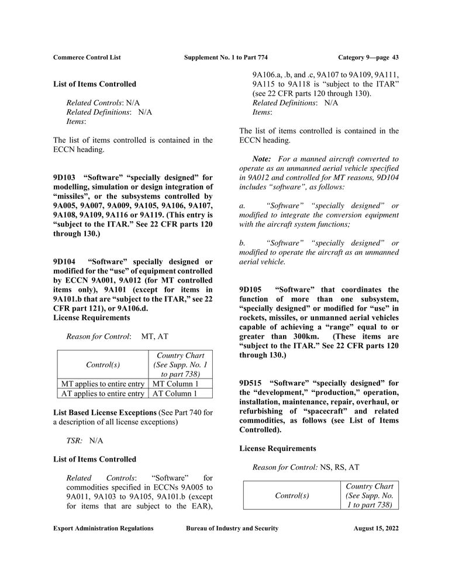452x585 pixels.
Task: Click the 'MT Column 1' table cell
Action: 175,384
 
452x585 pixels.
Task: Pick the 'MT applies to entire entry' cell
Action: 103,384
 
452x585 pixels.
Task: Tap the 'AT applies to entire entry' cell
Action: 103,394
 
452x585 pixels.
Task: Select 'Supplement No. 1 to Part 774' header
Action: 225,57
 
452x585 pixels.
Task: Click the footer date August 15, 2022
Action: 376,528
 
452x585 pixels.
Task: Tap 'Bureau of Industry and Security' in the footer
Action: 232,528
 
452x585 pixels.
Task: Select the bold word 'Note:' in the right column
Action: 261,159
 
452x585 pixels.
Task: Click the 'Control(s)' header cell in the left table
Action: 103,364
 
